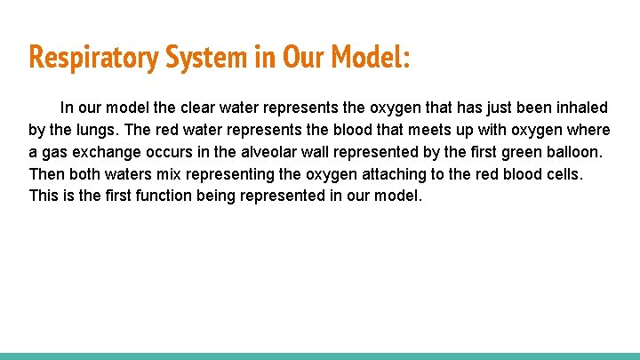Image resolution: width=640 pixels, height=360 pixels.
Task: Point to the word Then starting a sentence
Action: coord(46,173)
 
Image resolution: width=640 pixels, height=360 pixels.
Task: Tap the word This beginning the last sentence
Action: coord(44,195)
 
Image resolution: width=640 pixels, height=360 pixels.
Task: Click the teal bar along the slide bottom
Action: coord(320,356)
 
